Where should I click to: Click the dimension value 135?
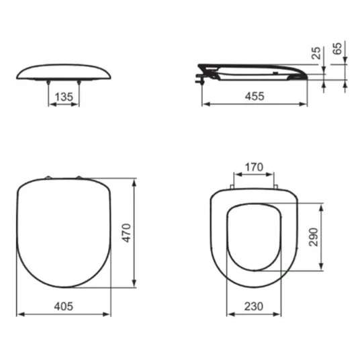[64, 97]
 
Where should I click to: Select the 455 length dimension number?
[255, 96]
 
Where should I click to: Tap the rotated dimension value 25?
[316, 53]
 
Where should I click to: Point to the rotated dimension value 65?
[337, 48]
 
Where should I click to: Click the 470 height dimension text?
[126, 233]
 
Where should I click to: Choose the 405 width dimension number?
[64, 306]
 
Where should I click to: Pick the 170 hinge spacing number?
[254, 167]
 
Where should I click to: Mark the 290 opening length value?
[314, 237]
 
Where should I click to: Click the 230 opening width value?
[254, 306]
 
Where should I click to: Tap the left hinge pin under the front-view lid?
[48, 83]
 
